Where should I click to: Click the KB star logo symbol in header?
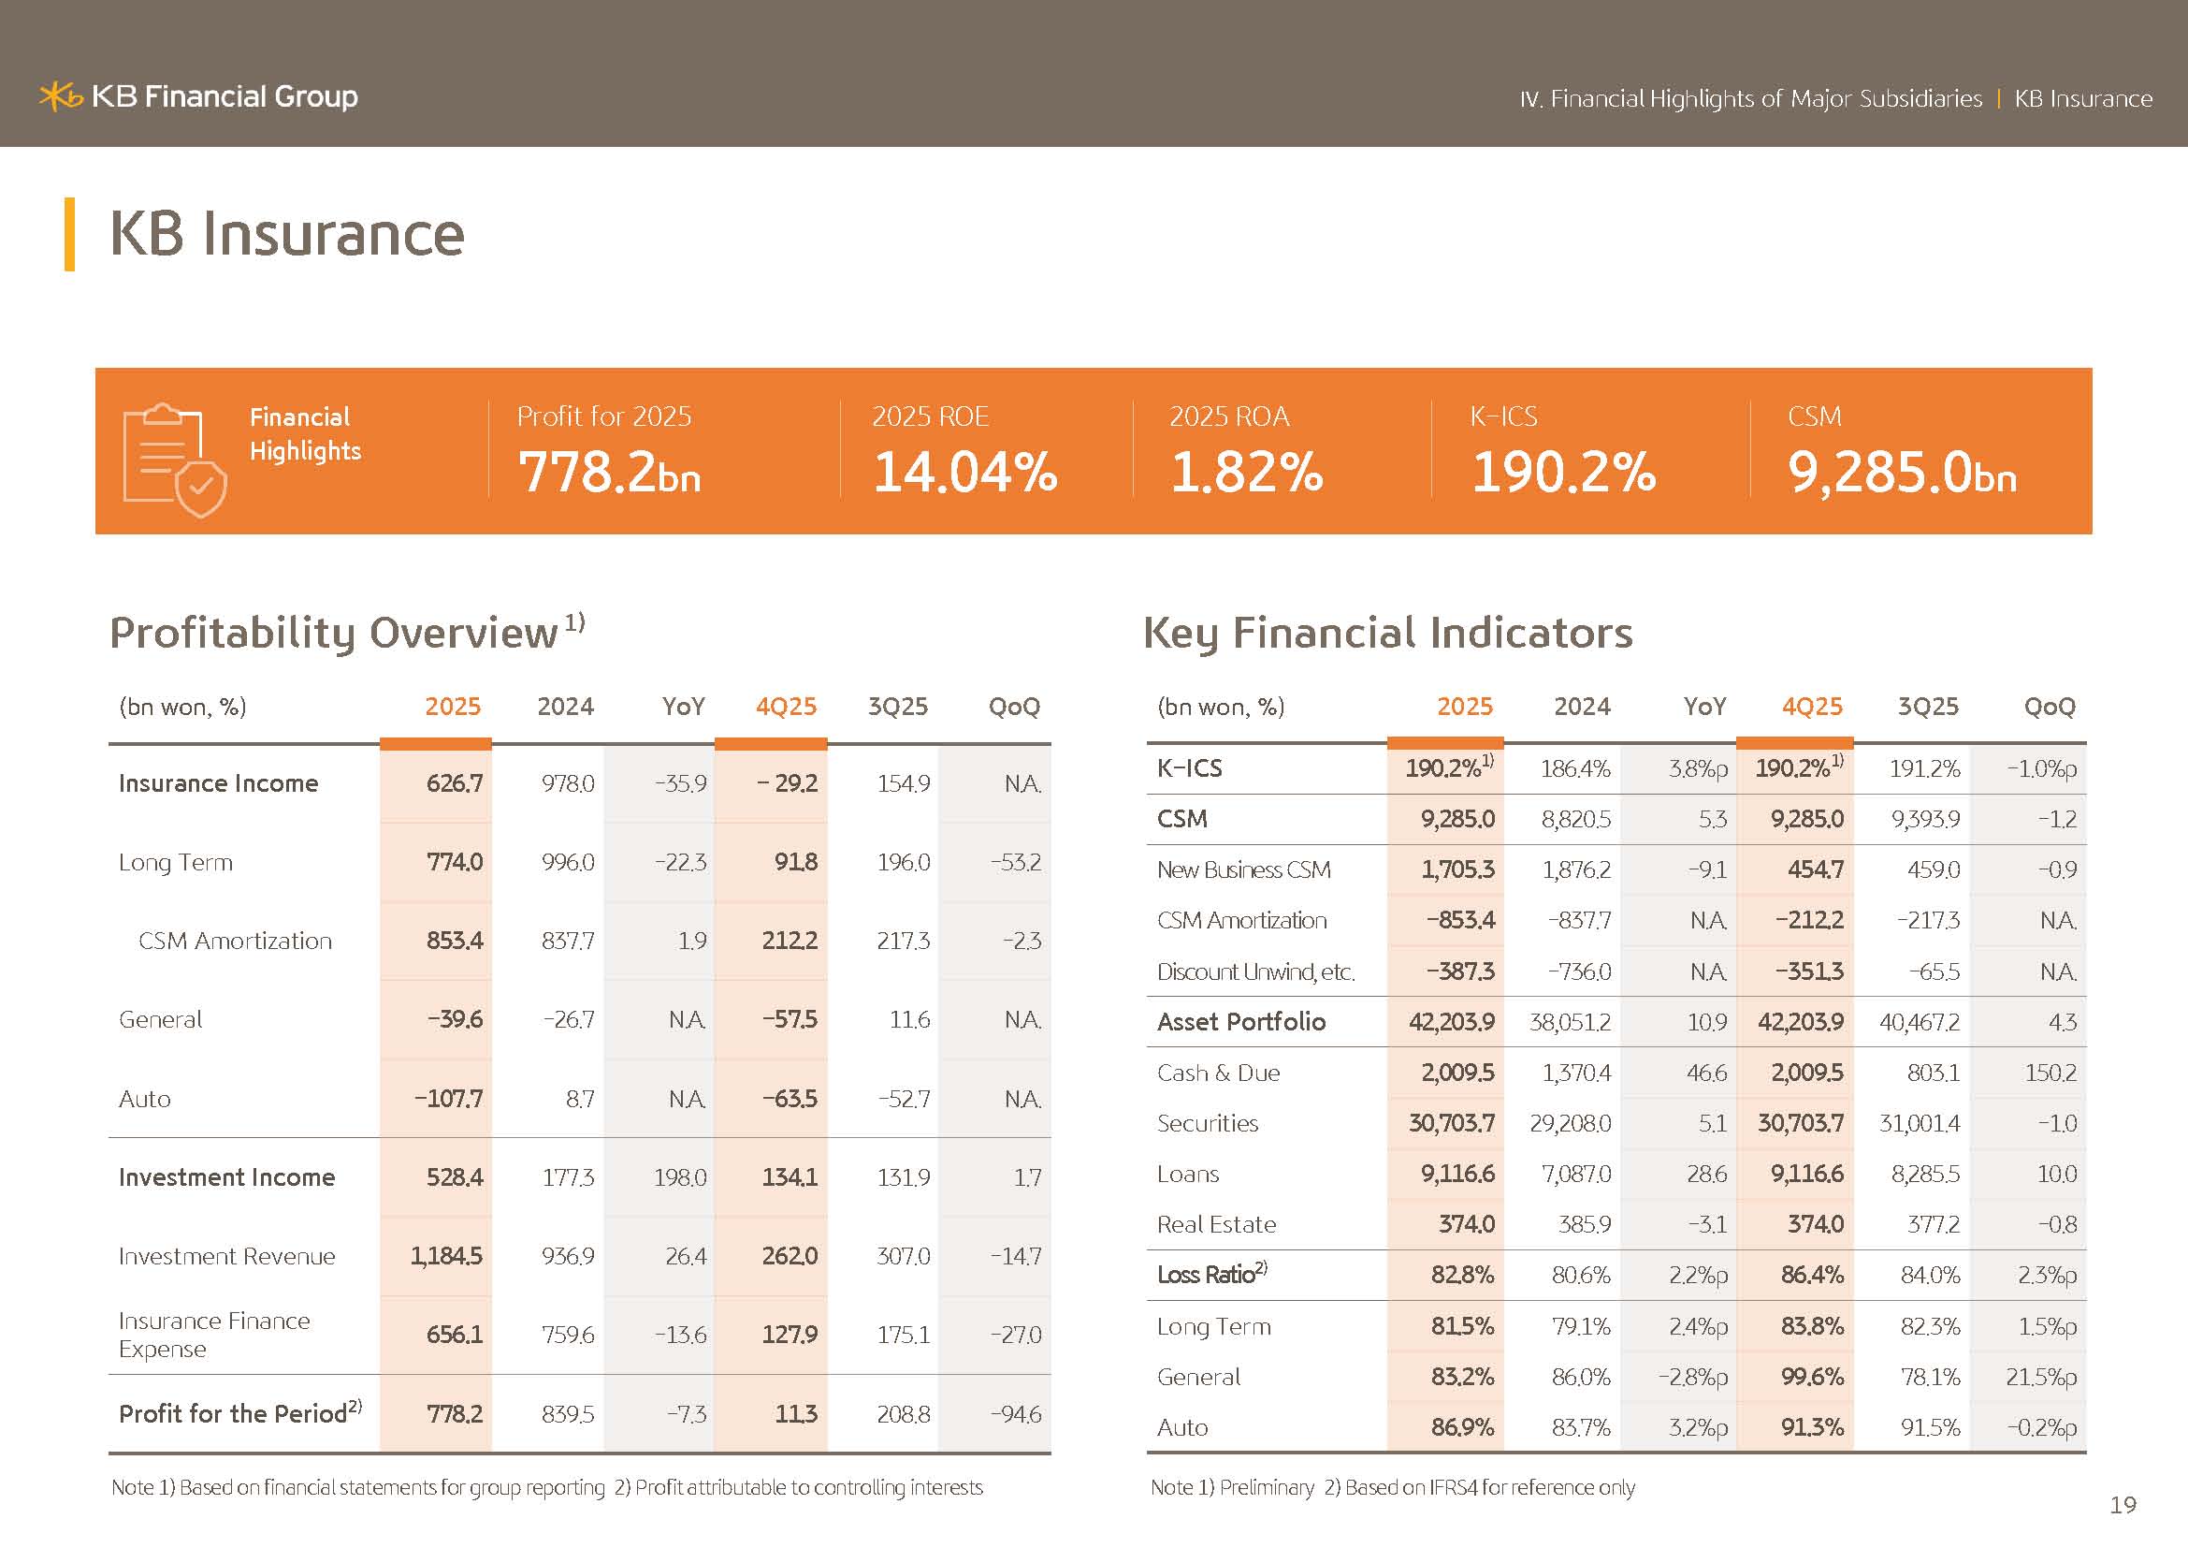(x=61, y=96)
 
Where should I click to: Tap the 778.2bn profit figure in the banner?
(x=609, y=472)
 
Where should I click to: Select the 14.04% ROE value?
(x=964, y=472)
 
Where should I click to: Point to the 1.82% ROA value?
(x=1246, y=472)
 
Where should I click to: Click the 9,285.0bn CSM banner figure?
(x=1902, y=472)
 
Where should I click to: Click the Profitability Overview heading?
(x=334, y=633)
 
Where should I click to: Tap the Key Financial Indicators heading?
(x=1387, y=633)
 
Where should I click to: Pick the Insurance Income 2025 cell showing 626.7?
(x=455, y=783)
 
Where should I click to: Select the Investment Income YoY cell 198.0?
(x=679, y=1178)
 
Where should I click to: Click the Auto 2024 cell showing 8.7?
(x=579, y=1099)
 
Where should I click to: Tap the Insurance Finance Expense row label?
(x=214, y=1335)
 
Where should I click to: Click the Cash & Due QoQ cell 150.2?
(x=2050, y=1073)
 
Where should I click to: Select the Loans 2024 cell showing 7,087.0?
(x=1576, y=1175)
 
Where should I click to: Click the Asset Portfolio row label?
(x=1240, y=1022)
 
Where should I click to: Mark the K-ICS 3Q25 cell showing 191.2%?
(x=1924, y=768)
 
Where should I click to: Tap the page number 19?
(x=2123, y=1505)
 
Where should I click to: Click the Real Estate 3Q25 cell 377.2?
(x=1933, y=1225)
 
